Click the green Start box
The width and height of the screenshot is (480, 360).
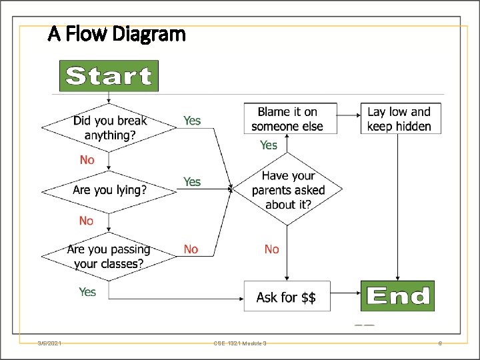tap(109, 76)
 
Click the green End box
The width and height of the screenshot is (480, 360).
tap(397, 295)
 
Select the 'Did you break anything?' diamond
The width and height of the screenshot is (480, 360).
tap(109, 127)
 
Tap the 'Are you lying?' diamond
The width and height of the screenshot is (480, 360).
tap(109, 190)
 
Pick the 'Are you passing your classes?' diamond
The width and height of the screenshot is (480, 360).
tap(109, 256)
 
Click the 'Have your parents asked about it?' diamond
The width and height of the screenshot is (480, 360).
tap(288, 190)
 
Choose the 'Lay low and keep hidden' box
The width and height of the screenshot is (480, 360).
tap(400, 119)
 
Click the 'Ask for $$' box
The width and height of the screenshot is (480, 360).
tap(286, 297)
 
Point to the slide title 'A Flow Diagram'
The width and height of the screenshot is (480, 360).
tap(117, 33)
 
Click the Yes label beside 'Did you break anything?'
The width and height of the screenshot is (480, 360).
tap(192, 121)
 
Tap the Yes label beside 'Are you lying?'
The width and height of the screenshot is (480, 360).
tap(192, 181)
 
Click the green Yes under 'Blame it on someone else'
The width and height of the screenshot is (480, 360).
tap(269, 145)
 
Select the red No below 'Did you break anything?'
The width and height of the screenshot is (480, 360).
tap(87, 159)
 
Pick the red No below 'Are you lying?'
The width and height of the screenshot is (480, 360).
tap(86, 221)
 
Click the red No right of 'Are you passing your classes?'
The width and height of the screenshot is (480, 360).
tap(191, 249)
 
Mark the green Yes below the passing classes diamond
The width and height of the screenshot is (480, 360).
tap(87, 291)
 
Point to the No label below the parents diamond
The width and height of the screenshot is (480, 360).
tap(271, 249)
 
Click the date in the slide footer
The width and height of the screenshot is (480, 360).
tap(50, 343)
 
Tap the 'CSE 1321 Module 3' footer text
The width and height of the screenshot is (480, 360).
tap(240, 343)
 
